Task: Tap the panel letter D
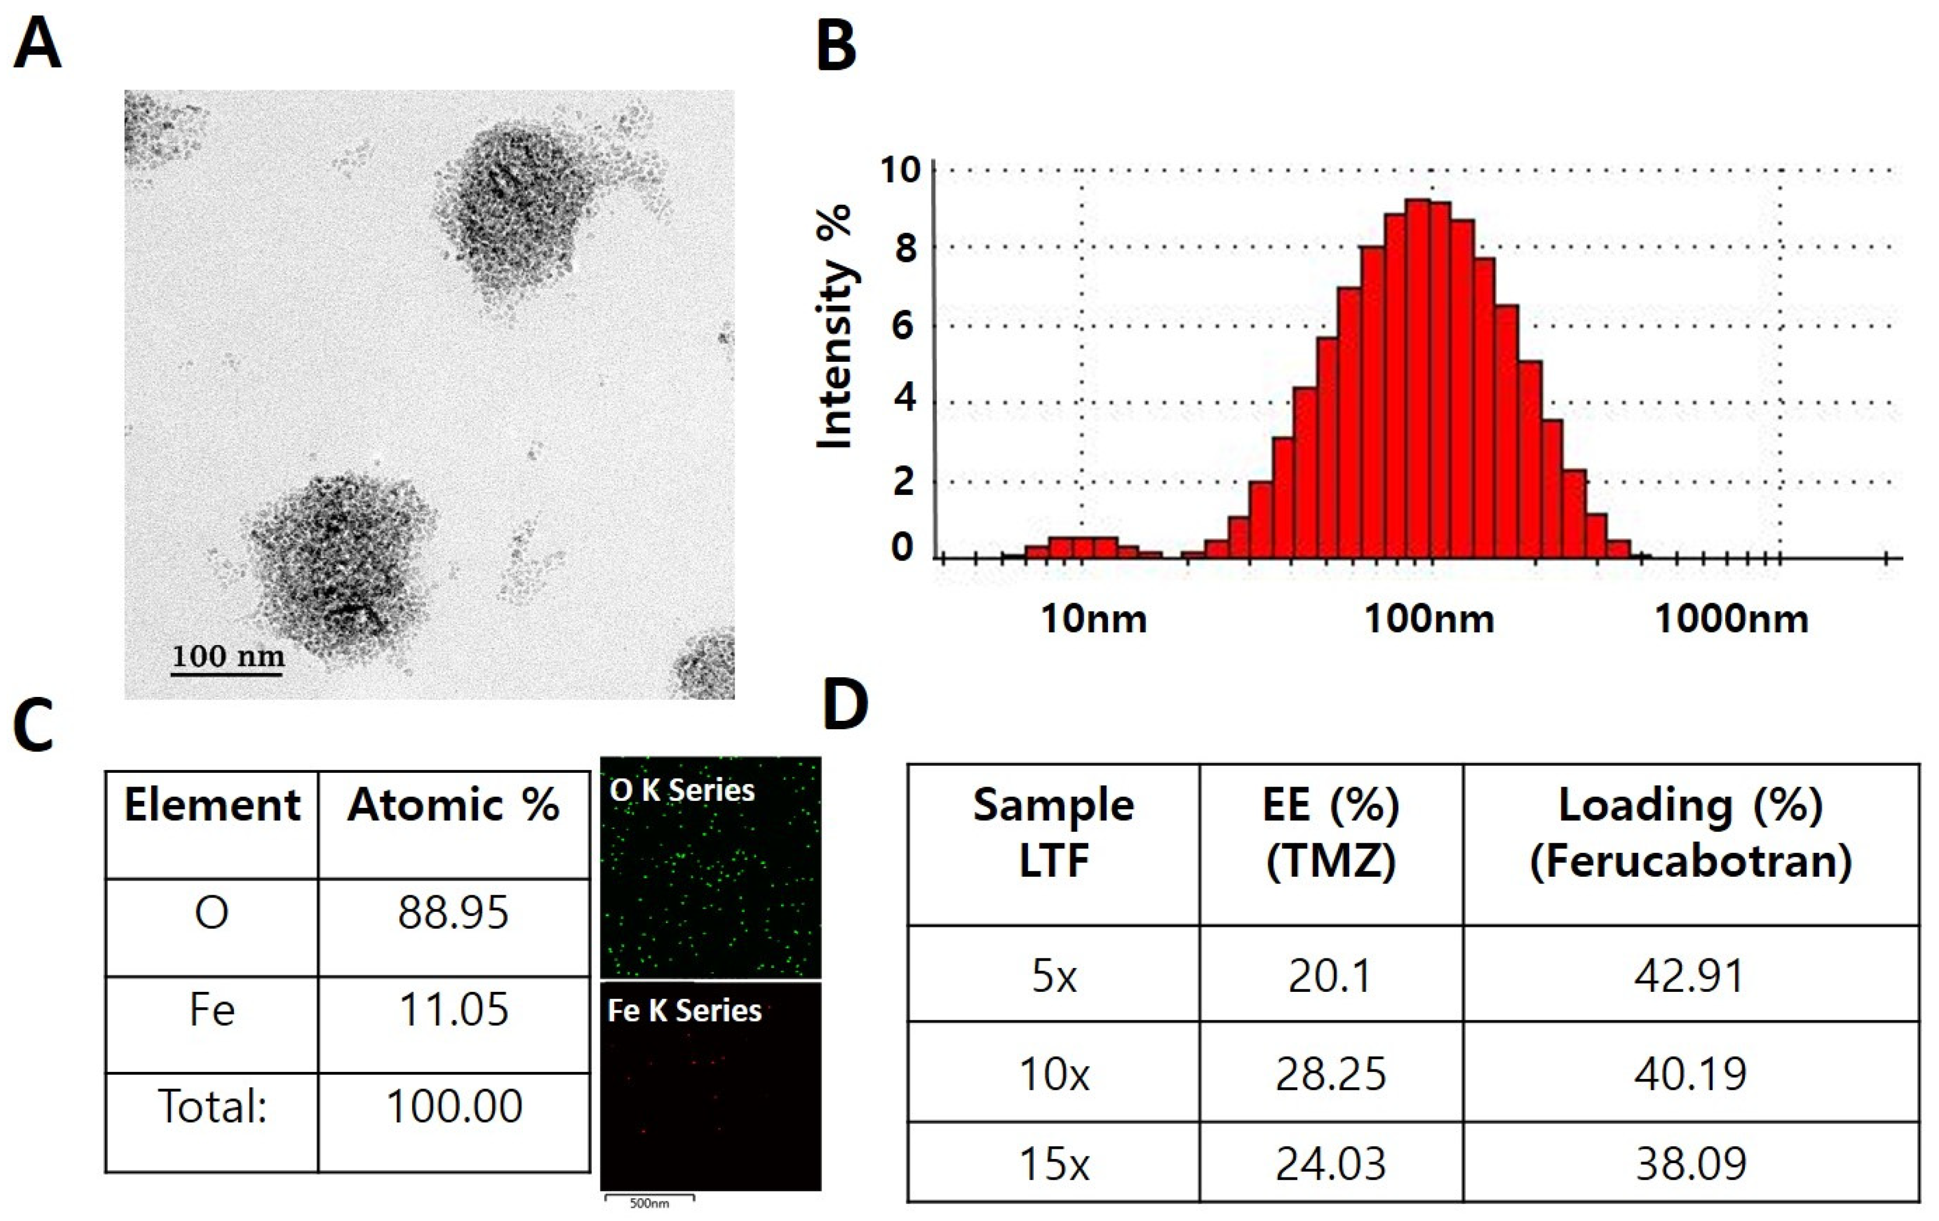click(845, 705)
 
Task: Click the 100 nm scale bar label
click(228, 657)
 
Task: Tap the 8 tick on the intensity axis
click(905, 248)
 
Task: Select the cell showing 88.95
click(453, 912)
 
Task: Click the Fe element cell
click(212, 1010)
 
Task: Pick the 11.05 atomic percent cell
click(453, 1010)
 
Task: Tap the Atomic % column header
click(453, 805)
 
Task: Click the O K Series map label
click(682, 791)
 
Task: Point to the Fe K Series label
click(685, 1011)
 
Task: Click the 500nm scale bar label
click(649, 1203)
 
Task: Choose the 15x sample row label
click(1054, 1163)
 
